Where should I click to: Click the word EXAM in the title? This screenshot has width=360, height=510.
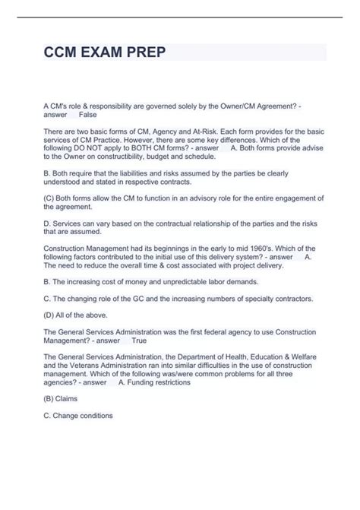click(x=97, y=53)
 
